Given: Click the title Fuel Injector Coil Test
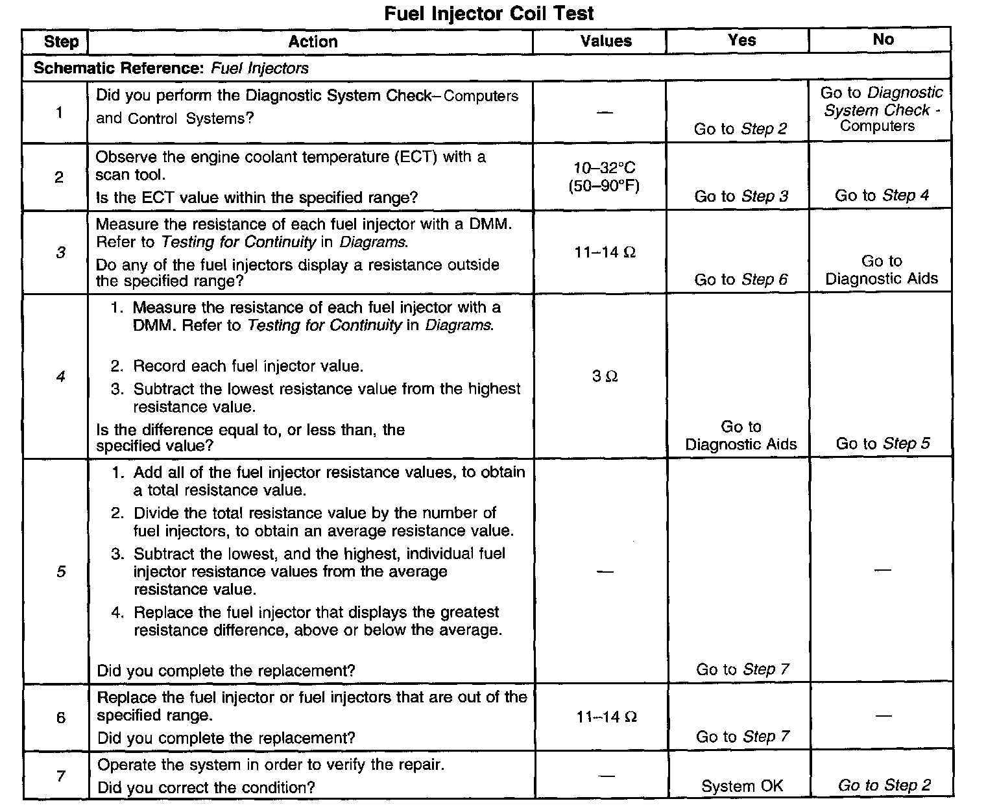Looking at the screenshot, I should [488, 13].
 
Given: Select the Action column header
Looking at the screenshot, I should [313, 42].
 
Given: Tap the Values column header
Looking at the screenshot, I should [606, 42].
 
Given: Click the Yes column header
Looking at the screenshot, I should [741, 40].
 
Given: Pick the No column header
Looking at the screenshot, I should [883, 40].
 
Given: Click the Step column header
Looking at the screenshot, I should [61, 42].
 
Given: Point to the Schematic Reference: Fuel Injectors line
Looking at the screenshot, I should [171, 68].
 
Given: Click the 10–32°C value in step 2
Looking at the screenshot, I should [605, 168].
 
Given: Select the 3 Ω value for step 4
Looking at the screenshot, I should [605, 376].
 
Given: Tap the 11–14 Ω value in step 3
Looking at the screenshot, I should [605, 252].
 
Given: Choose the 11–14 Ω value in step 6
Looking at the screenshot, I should [606, 717].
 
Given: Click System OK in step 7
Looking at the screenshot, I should [742, 786].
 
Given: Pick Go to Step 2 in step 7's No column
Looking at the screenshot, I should [884, 785].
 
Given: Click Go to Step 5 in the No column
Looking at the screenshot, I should [882, 444].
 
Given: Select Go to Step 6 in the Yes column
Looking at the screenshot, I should [741, 280].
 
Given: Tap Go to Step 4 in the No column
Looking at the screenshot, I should [882, 195].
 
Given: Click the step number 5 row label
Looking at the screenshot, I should [61, 571].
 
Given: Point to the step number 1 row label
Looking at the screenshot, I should [59, 113].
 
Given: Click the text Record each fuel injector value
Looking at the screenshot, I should [248, 366].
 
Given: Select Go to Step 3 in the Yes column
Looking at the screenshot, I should [741, 196].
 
